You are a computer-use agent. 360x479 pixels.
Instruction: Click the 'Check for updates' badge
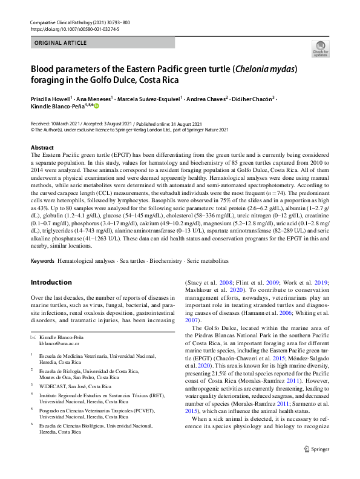tap(320, 48)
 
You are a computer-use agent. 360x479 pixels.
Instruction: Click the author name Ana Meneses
tap(93, 98)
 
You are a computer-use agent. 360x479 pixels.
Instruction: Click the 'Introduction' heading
tap(51, 282)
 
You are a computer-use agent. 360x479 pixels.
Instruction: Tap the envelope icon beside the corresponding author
tap(34, 336)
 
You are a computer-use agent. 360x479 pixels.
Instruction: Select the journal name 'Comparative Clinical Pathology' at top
tap(66, 21)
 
